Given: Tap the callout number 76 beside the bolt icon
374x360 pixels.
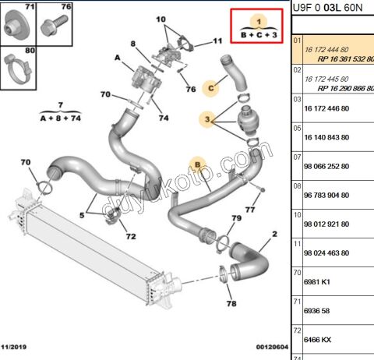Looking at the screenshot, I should (65, 8).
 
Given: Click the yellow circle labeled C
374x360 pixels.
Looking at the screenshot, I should (210, 89).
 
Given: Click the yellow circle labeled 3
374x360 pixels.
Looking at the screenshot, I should (208, 119).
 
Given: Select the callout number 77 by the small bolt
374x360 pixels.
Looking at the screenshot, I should (249, 210).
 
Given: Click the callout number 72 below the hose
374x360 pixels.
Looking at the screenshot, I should (130, 235).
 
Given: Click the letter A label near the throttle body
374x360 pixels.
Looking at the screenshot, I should (118, 57).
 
